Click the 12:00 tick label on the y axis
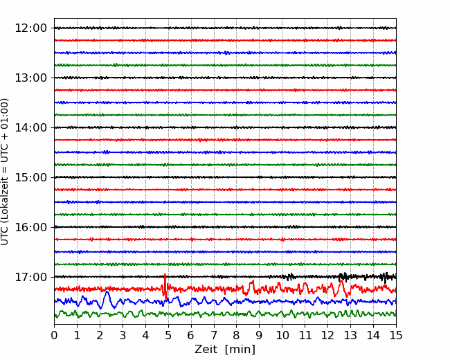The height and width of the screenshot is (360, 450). [x=30, y=28]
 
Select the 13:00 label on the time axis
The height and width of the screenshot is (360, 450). [x=30, y=78]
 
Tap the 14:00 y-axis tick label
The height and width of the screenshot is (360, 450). [x=30, y=127]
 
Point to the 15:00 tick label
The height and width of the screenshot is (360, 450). [x=30, y=177]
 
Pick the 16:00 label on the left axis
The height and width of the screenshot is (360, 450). [x=30, y=227]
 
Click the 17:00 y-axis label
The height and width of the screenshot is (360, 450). [x=30, y=277]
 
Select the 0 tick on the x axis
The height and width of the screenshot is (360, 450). [x=54, y=335]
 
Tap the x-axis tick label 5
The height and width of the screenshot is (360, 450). [x=168, y=335]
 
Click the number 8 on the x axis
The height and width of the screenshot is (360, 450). [x=237, y=335]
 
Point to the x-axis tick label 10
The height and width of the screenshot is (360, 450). [x=282, y=335]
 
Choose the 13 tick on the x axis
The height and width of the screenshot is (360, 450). [x=350, y=335]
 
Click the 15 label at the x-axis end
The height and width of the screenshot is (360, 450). [x=396, y=335]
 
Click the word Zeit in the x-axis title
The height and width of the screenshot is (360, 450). [x=206, y=349]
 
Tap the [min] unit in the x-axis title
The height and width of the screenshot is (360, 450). [x=240, y=350]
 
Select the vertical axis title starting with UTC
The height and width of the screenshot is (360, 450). [x=5, y=172]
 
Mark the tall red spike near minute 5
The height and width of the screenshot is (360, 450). [x=165, y=286]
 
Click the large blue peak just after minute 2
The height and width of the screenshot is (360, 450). [x=107, y=292]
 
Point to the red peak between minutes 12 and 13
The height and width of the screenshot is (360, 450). [x=341, y=282]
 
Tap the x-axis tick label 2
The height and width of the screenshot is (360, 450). [x=100, y=335]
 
